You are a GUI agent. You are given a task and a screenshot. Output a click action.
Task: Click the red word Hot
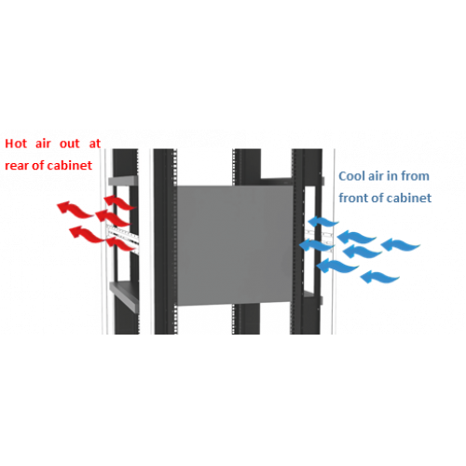click(x=16, y=144)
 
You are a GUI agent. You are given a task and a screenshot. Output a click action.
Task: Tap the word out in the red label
click(x=70, y=144)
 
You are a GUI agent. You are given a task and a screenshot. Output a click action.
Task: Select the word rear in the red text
click(x=17, y=166)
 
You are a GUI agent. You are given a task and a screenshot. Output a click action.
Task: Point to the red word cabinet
click(x=70, y=165)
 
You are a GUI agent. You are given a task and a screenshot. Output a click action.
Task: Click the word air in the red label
click(x=43, y=144)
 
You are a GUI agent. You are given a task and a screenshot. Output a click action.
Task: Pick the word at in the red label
click(x=95, y=144)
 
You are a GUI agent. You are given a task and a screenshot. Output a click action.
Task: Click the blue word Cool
click(x=352, y=176)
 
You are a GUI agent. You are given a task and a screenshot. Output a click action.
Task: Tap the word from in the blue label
click(x=415, y=176)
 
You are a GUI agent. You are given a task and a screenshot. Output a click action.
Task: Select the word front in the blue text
click(x=354, y=198)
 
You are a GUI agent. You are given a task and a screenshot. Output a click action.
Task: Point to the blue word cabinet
click(x=409, y=198)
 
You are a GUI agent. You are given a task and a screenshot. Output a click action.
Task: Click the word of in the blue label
click(x=377, y=198)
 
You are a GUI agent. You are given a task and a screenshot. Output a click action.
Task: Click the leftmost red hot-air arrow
click(x=75, y=209)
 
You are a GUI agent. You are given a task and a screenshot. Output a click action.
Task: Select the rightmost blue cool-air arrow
click(x=401, y=244)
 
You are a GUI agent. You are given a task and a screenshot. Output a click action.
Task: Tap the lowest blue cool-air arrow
click(x=379, y=276)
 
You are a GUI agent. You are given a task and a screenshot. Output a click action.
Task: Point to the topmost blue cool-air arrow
click(x=322, y=222)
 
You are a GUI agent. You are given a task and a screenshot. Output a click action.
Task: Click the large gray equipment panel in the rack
click(x=235, y=245)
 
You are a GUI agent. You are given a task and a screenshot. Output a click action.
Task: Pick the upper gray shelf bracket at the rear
click(x=123, y=181)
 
